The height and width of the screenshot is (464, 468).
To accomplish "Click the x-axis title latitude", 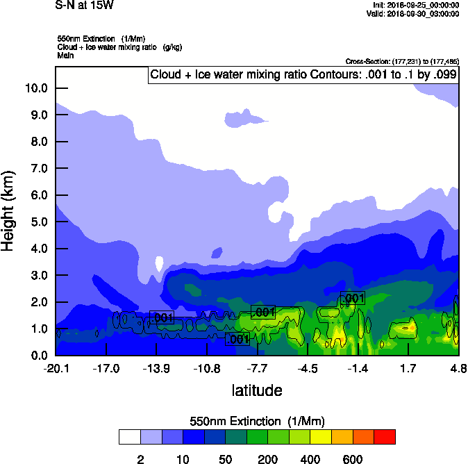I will [x=257, y=390].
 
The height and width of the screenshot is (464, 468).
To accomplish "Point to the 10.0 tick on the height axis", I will [x=36, y=88].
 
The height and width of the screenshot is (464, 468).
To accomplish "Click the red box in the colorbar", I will [x=385, y=437].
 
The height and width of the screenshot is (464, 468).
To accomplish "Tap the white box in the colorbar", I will [x=129, y=437].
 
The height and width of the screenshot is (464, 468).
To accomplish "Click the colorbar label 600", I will [x=353, y=459].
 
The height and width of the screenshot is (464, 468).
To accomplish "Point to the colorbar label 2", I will [x=140, y=459].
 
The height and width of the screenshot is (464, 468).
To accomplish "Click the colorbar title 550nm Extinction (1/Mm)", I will [x=257, y=421].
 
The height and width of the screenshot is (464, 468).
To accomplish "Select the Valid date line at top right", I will [x=415, y=14].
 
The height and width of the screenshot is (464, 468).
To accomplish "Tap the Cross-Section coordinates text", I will [x=402, y=62].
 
